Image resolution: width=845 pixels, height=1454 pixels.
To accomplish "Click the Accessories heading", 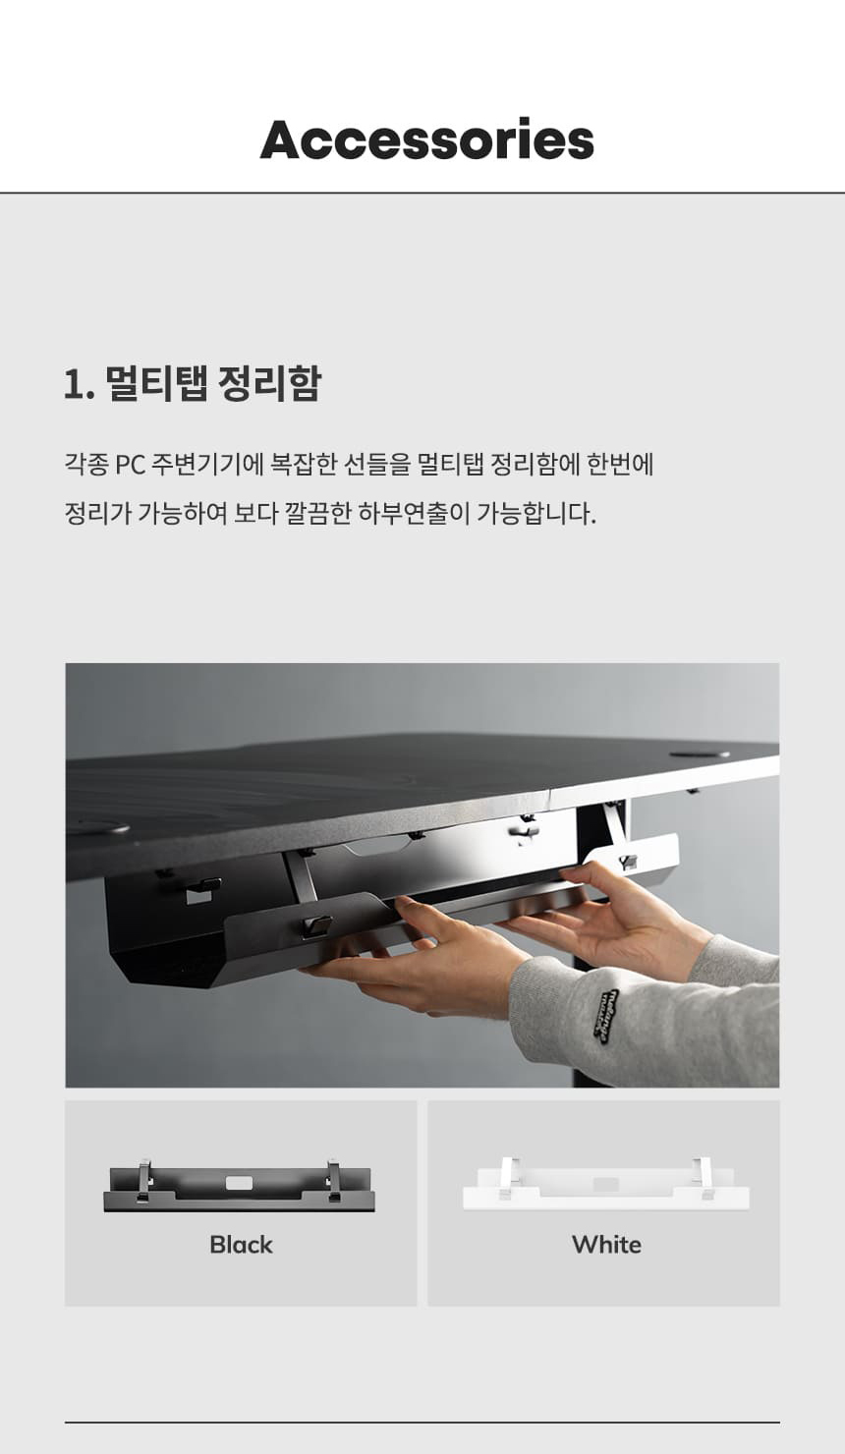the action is point(427,140).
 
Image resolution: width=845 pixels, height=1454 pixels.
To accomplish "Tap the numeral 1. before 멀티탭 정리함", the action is point(80,384).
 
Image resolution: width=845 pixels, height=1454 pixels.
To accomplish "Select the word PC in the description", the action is point(130,465).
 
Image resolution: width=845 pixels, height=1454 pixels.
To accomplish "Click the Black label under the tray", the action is point(241,1245).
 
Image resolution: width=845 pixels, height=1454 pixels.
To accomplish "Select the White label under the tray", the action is point(606,1245).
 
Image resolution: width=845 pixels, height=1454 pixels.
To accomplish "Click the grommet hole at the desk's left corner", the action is point(97,827).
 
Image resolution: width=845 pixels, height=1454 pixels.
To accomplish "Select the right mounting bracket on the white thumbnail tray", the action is point(703,1178).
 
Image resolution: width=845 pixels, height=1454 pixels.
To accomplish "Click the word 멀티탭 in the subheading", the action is point(156,383).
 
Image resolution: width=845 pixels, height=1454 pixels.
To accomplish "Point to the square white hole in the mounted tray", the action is point(195,896).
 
